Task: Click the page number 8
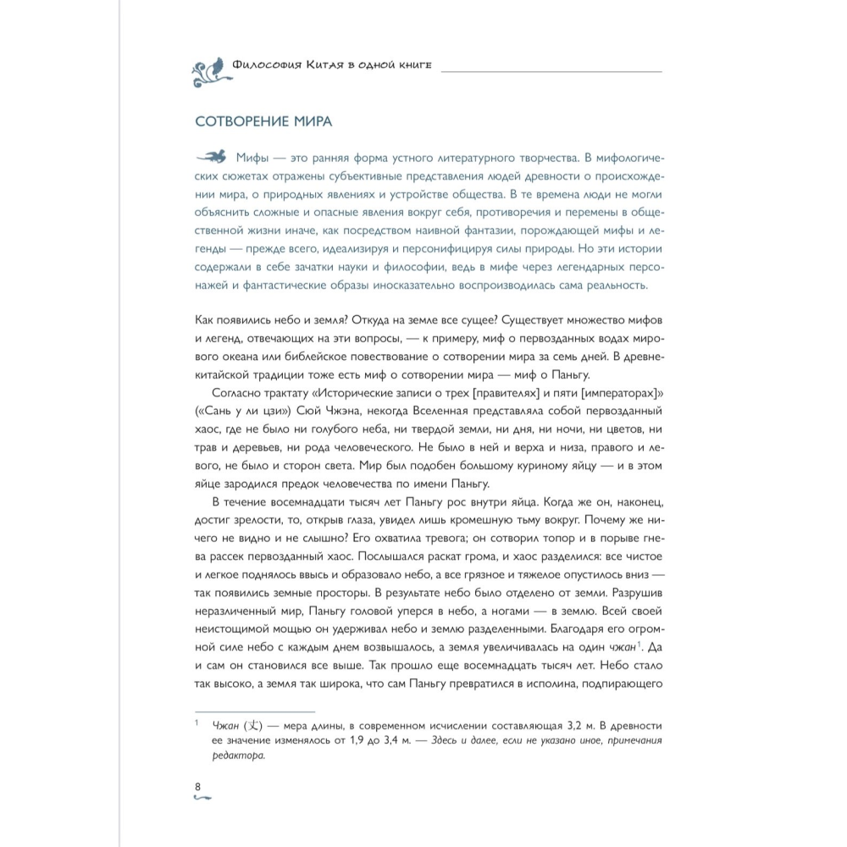click(198, 788)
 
